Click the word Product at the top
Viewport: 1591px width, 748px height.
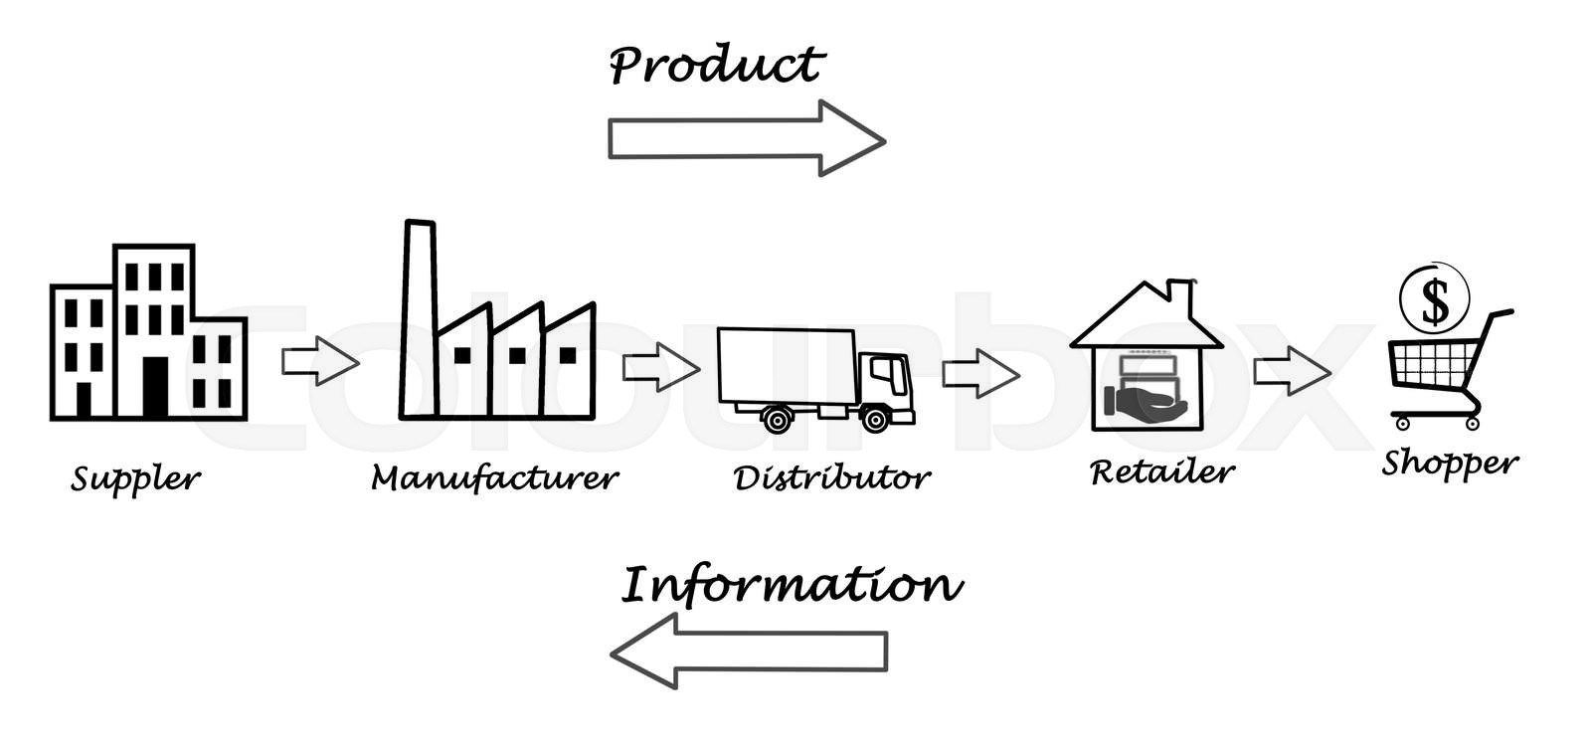[716, 66]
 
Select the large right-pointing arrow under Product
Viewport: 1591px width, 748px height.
[746, 138]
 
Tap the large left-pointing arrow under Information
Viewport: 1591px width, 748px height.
[748, 652]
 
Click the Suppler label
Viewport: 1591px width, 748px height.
[135, 478]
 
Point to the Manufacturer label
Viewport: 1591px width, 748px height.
[494, 478]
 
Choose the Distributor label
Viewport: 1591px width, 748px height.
[831, 477]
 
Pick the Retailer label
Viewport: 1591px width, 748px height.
[1161, 471]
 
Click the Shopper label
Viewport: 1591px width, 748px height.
[1450, 463]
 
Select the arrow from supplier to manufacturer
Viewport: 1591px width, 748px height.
[319, 360]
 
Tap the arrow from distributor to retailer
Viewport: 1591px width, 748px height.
[980, 373]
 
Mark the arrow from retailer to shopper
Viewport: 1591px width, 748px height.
[1291, 371]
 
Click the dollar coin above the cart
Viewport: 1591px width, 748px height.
[1434, 299]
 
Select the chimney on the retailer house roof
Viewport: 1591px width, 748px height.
[1181, 294]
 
